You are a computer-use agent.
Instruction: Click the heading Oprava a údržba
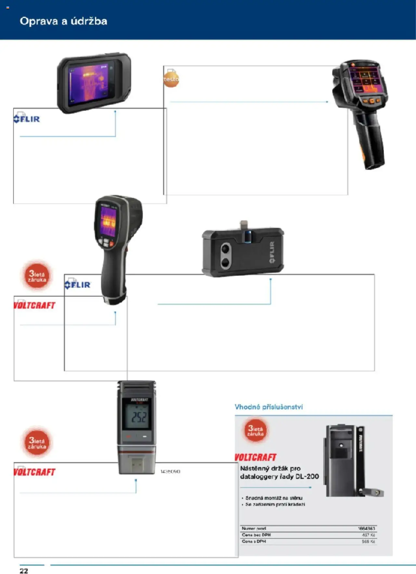63,21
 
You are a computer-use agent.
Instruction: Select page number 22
24,571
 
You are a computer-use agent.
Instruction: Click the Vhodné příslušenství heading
268,407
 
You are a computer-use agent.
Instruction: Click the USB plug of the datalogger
136,463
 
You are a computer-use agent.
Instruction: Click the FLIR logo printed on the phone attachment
272,252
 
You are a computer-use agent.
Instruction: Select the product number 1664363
366,528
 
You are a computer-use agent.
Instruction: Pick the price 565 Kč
368,541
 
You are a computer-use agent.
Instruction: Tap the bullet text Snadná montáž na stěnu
274,498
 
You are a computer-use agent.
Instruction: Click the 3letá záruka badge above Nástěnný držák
255,431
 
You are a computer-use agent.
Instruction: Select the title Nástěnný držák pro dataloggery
279,473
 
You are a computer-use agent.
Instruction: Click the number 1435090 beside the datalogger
170,471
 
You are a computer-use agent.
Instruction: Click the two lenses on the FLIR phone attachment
225,255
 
